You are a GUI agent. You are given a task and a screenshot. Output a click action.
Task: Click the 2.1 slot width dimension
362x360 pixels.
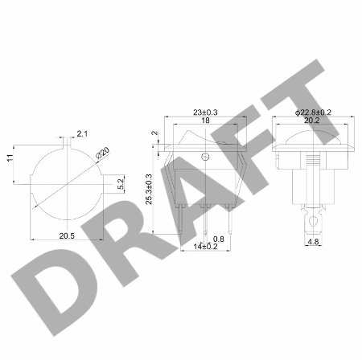82,133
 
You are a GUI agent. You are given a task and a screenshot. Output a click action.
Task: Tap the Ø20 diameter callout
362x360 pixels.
103,153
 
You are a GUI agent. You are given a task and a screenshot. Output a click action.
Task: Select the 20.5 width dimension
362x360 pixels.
67,236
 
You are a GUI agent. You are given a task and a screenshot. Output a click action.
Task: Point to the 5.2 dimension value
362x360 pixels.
121,184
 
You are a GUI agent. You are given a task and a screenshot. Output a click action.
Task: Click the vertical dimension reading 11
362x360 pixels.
10,157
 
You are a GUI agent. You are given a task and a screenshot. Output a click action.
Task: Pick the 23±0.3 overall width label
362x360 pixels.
205,112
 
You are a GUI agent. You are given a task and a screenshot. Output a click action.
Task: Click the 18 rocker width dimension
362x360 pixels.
205,121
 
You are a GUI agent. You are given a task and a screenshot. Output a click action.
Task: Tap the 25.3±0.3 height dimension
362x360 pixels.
149,189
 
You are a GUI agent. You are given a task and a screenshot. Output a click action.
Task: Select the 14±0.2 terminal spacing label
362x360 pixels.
206,247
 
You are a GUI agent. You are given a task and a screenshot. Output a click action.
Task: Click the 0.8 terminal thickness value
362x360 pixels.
219,239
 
